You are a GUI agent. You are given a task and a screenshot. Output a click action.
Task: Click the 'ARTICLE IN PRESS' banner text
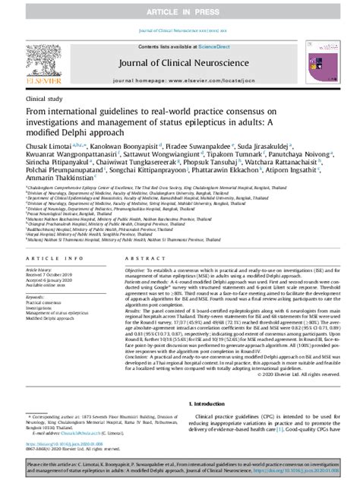[x=180, y=8]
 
